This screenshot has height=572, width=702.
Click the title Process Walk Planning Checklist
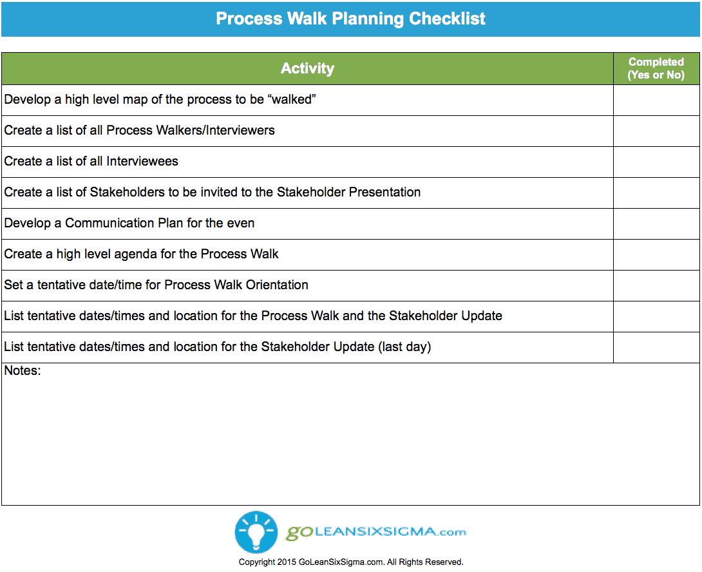point(350,19)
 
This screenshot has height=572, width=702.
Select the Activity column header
point(307,68)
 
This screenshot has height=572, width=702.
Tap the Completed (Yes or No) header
point(656,68)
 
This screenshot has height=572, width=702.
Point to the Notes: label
point(23,371)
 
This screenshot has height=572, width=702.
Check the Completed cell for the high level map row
point(656,100)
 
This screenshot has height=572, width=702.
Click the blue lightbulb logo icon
point(256,532)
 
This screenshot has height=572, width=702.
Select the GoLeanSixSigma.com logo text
point(376,533)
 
